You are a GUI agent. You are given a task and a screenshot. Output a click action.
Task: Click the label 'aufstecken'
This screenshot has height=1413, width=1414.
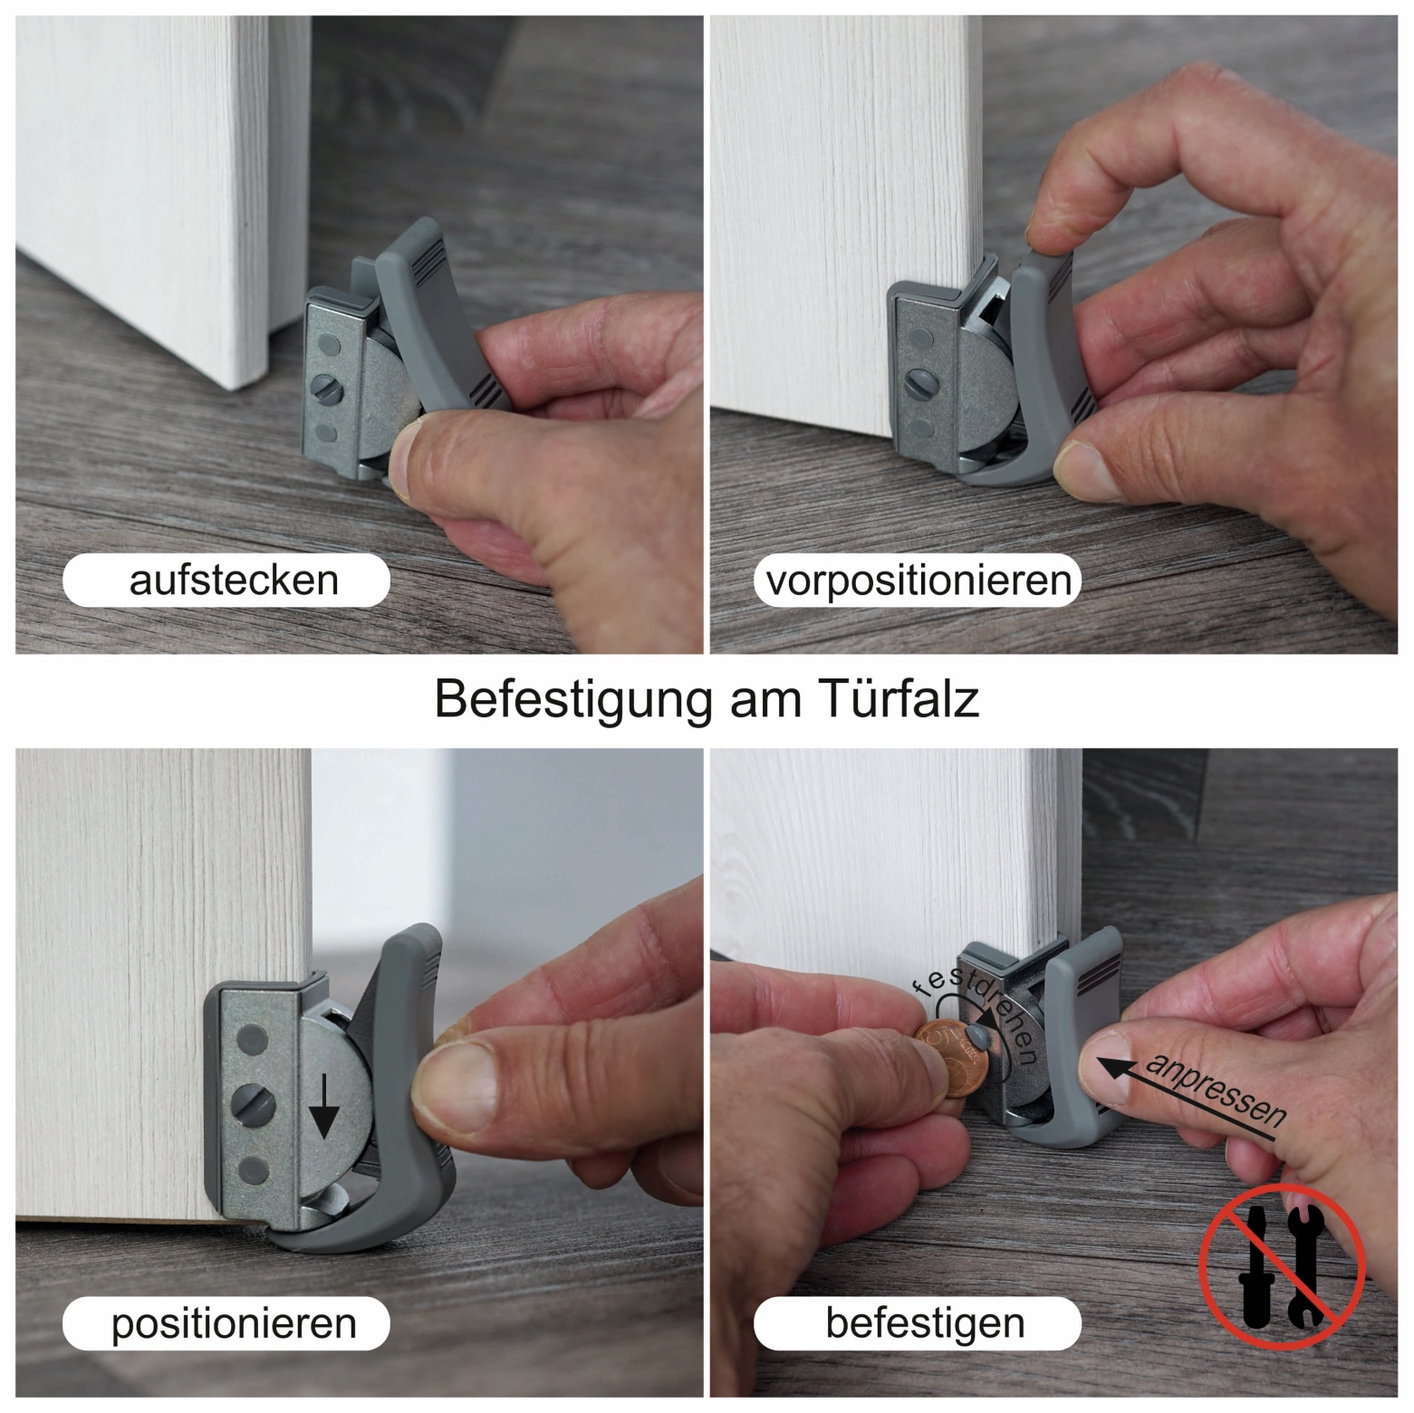click(x=234, y=580)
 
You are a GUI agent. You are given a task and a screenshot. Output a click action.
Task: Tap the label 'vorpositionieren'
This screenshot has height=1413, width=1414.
click(x=919, y=580)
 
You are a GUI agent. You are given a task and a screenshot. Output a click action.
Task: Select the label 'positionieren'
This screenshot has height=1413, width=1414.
click(x=234, y=1323)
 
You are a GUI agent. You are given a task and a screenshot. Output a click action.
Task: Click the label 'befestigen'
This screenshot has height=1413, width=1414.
click(x=925, y=1323)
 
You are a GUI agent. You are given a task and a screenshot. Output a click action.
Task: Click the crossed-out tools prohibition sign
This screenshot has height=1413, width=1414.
click(x=1281, y=1266)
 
